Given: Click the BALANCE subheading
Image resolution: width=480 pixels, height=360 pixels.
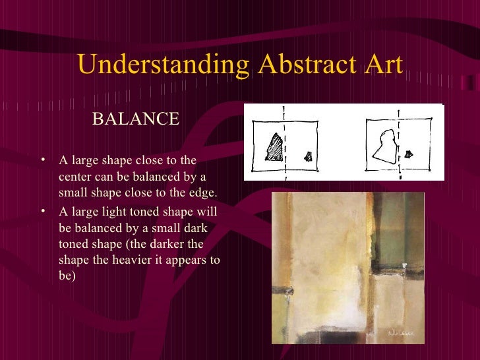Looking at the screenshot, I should (x=136, y=119).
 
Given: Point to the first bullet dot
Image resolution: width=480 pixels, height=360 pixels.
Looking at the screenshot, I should (x=42, y=159).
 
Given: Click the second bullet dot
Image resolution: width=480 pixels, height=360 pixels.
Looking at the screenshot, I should (x=42, y=211).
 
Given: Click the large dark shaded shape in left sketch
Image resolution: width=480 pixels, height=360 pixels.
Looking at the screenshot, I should (x=273, y=148).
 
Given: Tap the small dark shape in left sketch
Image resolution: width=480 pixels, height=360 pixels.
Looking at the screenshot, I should (x=308, y=156).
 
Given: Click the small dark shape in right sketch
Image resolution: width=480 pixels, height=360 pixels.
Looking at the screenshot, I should (x=409, y=155).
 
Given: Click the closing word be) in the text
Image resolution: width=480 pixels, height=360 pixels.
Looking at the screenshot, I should (x=67, y=276).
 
